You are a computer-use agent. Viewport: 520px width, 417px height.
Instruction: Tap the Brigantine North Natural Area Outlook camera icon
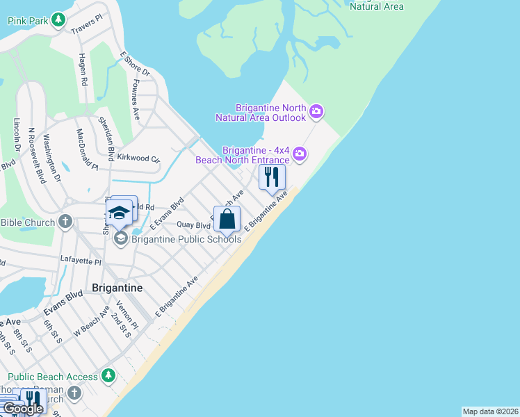click(x=317, y=111)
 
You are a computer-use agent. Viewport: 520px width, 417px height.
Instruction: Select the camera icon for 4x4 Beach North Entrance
click(x=300, y=154)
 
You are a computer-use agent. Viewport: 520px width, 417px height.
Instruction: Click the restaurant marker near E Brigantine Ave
click(x=272, y=177)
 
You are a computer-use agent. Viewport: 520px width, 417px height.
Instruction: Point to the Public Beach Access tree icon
click(x=108, y=376)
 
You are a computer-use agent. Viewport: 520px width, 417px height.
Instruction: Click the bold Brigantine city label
click(x=117, y=288)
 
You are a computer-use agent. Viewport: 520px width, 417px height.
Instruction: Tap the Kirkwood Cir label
click(x=138, y=158)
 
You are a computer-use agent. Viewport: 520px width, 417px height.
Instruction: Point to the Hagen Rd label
click(x=83, y=69)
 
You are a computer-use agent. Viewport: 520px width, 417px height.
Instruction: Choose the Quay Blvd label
click(x=193, y=225)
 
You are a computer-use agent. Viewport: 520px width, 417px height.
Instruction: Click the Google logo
click(x=22, y=409)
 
